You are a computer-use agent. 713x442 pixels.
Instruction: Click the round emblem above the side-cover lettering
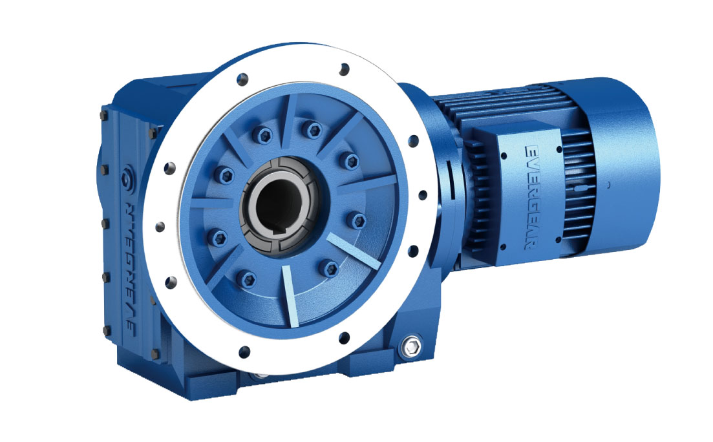coord(127,174)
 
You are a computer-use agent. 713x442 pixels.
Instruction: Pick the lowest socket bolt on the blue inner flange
coord(248,279)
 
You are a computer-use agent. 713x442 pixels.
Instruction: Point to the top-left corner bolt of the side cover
coord(103,115)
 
